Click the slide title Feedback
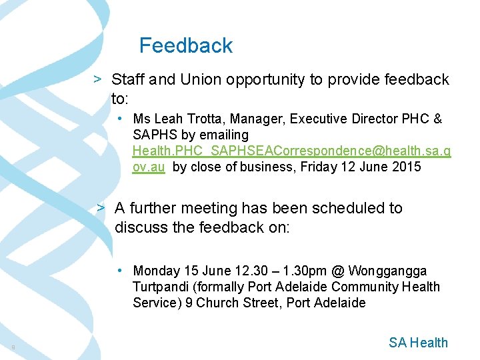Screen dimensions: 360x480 point(186,45)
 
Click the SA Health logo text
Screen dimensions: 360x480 point(418,343)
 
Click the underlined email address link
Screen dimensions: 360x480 point(291,151)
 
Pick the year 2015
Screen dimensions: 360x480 point(406,167)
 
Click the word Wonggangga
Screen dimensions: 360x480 point(387,271)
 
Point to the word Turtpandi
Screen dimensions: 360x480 point(160,287)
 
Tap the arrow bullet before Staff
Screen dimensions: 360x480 point(97,79)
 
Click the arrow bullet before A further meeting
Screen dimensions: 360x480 point(101,207)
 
